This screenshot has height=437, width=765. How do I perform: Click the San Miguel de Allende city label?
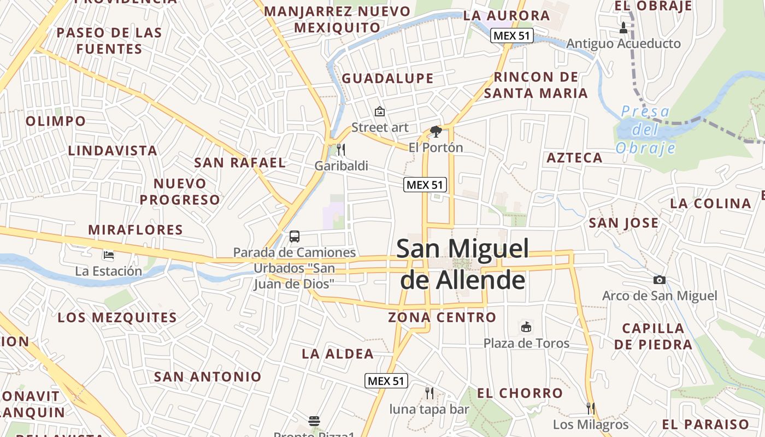[x=462, y=264]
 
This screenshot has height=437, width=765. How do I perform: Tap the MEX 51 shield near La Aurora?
[x=511, y=36]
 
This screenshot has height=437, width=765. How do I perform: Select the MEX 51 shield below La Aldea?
[x=386, y=381]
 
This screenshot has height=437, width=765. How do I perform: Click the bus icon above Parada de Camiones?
[x=295, y=237]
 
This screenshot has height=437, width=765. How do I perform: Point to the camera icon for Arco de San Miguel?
[x=660, y=280]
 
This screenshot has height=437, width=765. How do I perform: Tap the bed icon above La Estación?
[x=109, y=255]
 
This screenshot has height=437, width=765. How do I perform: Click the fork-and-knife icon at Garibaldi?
[x=341, y=149]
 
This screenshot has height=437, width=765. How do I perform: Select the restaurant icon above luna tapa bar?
[x=429, y=393]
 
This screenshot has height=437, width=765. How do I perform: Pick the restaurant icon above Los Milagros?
[x=590, y=408]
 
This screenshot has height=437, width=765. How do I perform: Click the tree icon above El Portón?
[x=436, y=132]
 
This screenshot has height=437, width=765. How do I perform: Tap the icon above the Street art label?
[x=380, y=112]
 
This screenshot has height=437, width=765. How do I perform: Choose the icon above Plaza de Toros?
[x=526, y=327]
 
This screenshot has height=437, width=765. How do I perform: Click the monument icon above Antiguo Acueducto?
[x=623, y=27]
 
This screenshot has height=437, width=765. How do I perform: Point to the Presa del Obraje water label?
[x=645, y=130]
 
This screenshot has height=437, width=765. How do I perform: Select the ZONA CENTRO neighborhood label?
[x=442, y=317]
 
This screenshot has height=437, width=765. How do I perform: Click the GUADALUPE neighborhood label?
[x=387, y=79]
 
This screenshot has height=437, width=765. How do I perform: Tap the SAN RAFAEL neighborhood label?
[x=240, y=162]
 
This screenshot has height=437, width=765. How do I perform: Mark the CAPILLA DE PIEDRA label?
[x=653, y=336]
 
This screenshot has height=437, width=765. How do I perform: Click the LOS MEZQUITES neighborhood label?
[x=117, y=317]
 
